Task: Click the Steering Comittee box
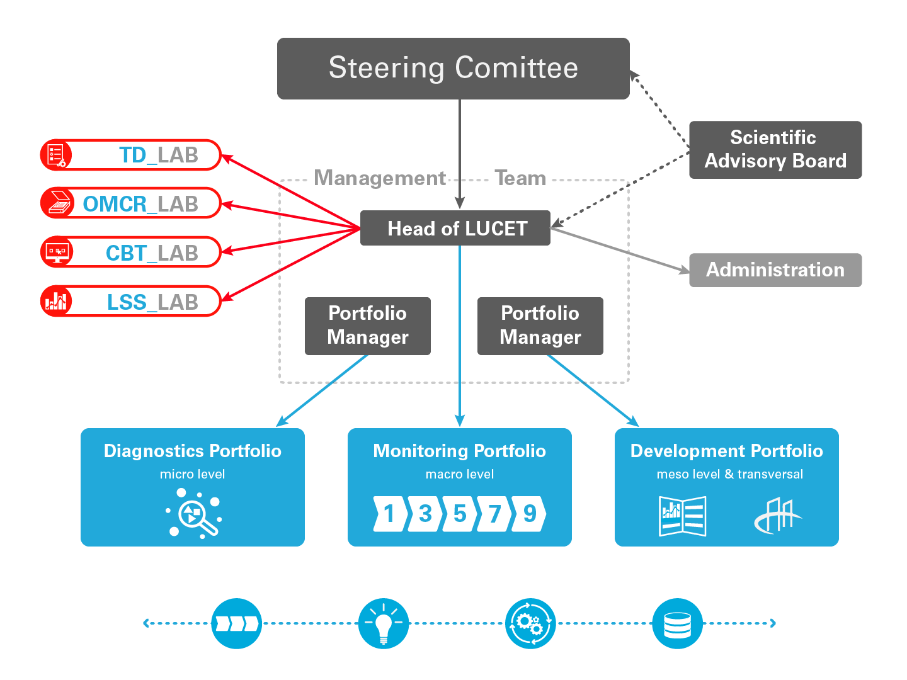(453, 69)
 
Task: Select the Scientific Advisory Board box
(775, 150)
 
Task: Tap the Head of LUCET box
(455, 228)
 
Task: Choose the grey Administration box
(775, 270)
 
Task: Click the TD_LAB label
(159, 155)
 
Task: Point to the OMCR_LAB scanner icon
(58, 203)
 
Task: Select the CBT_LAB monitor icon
(57, 252)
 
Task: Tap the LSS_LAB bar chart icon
(57, 301)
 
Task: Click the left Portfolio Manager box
(368, 326)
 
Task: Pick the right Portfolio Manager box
(540, 326)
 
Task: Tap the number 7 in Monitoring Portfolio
(494, 514)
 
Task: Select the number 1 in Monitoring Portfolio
(389, 514)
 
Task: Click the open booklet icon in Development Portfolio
(682, 516)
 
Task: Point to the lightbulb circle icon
(384, 623)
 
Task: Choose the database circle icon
(678, 623)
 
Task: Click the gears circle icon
(530, 623)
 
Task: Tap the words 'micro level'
(192, 475)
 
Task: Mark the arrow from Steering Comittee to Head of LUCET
(460, 151)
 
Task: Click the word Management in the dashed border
(380, 179)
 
